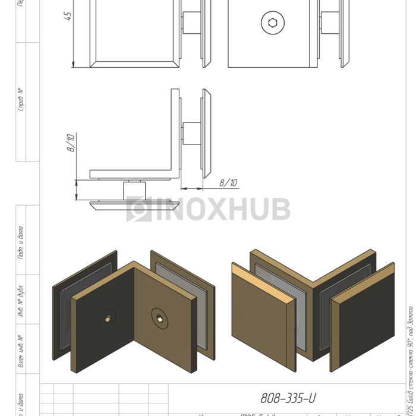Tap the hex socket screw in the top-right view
tap(272, 23)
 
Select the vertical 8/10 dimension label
tap(71, 144)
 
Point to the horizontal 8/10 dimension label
tap(228, 182)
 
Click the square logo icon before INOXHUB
tap(139, 209)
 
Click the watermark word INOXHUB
tap(223, 209)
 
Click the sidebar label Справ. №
tap(21, 99)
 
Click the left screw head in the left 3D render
tap(108, 320)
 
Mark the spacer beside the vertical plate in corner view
tap(191, 134)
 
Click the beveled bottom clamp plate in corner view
tap(134, 206)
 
